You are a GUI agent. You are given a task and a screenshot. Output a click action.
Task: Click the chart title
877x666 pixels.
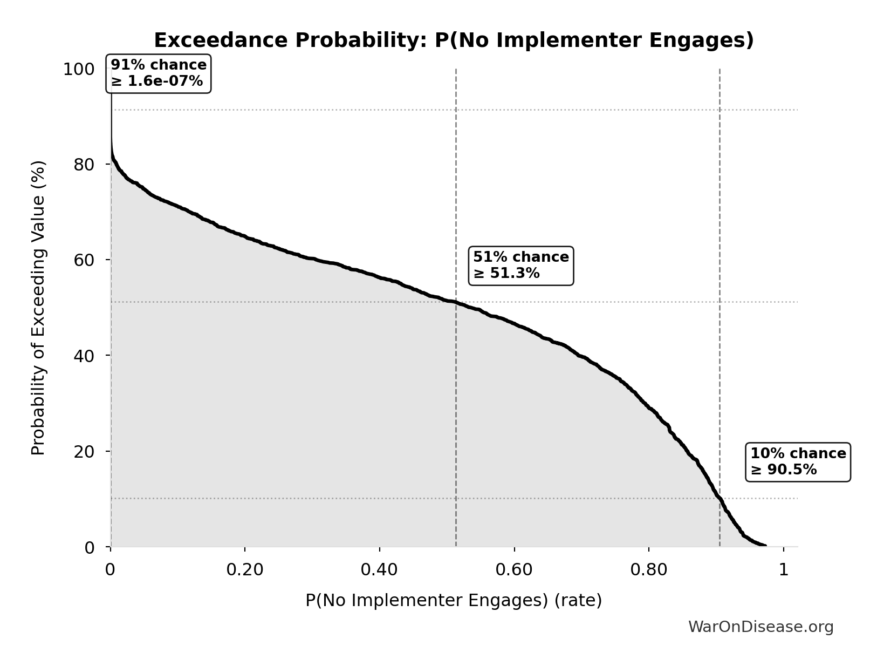454,40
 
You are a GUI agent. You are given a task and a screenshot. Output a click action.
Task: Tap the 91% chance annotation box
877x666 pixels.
159,73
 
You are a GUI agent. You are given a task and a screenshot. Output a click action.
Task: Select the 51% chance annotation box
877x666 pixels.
521,266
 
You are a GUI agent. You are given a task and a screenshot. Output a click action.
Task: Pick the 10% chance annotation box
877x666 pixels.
798,461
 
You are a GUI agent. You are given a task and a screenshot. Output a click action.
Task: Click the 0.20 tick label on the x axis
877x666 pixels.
244,570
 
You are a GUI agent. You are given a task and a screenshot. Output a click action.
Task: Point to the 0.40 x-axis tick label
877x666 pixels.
379,570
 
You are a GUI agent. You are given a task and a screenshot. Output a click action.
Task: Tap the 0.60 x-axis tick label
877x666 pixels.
514,570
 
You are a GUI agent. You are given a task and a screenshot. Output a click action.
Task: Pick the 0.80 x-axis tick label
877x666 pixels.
649,570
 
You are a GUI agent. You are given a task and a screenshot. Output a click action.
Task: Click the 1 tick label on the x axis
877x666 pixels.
784,570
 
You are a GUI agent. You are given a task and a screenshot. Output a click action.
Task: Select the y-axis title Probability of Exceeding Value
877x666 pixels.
38,308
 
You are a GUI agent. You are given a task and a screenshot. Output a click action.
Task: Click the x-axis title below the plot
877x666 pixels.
454,601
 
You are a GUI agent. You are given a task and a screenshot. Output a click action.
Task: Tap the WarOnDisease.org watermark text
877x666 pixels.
760,627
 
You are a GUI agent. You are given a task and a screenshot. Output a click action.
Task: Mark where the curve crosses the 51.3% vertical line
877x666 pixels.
456,303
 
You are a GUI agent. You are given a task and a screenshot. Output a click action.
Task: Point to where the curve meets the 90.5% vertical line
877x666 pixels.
720,499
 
